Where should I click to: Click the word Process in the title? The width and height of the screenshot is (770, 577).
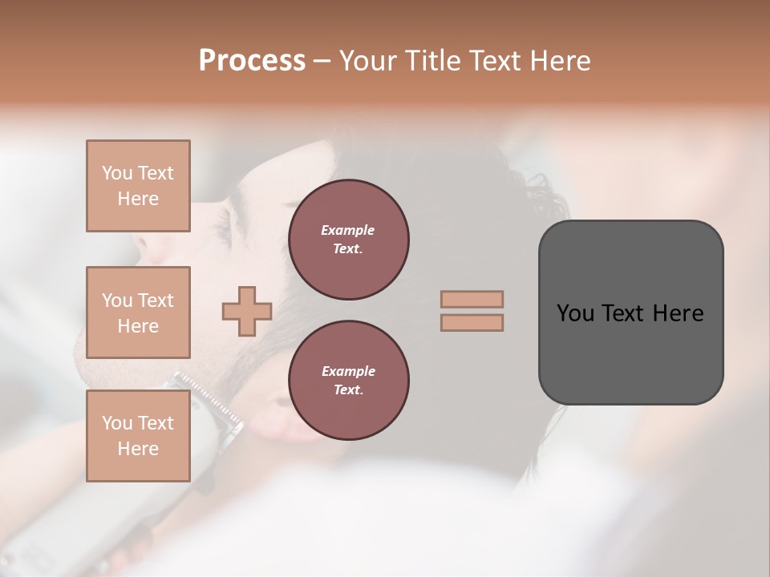[252, 61]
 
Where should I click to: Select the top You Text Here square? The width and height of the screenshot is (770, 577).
[138, 186]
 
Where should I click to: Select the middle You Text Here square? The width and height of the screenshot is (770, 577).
[138, 313]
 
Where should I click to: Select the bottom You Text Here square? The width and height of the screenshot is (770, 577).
[138, 436]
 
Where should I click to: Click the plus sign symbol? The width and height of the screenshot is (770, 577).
[247, 311]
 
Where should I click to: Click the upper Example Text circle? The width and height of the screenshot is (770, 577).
[349, 240]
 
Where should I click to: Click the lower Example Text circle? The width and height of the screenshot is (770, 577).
[349, 381]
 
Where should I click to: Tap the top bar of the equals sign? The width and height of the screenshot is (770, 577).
[472, 299]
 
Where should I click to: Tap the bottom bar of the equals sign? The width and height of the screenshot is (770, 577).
[472, 322]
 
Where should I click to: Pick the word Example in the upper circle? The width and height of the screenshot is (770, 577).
[348, 230]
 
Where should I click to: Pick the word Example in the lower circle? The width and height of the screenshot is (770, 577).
[348, 371]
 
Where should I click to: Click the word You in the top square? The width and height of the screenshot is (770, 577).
[117, 173]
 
